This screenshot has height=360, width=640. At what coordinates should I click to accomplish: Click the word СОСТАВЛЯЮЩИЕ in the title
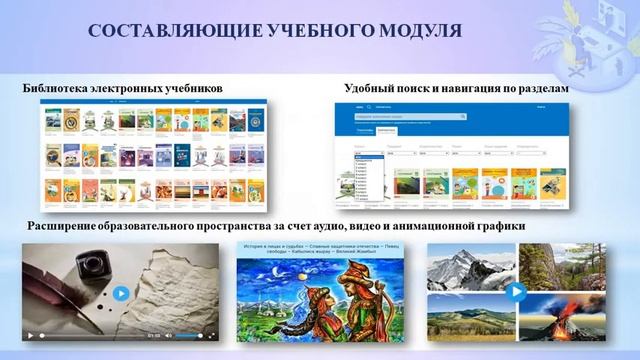point(152,32)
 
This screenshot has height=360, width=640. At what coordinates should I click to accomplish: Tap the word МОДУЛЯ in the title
point(419,32)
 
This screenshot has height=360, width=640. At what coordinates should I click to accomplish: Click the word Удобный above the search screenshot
point(370,89)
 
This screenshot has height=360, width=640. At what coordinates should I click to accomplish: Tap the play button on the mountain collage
point(517,292)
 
